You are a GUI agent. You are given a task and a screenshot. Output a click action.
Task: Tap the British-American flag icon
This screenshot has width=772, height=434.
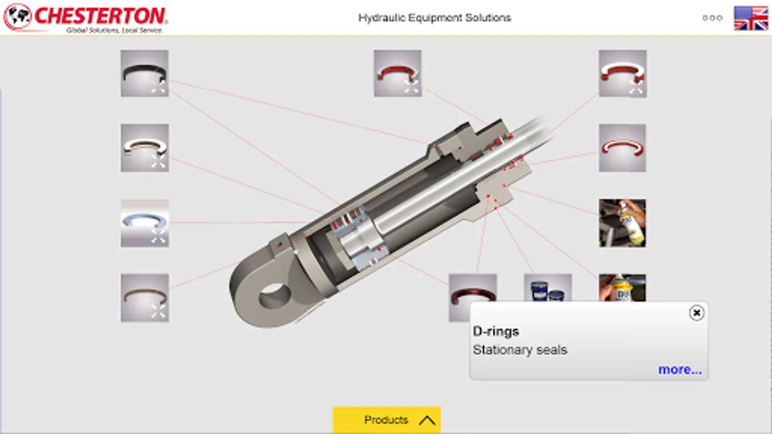751,18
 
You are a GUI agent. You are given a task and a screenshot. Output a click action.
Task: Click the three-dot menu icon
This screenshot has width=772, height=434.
712,18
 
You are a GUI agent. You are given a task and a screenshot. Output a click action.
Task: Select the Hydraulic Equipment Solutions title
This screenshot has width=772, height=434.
435,17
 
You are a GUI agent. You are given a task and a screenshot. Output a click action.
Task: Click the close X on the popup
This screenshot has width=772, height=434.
697,313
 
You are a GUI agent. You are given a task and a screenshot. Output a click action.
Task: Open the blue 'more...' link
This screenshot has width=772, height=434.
680,369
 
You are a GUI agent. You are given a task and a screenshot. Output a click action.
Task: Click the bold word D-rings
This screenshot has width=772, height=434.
496,331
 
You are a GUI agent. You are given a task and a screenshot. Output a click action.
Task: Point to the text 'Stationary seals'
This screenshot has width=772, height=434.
520,350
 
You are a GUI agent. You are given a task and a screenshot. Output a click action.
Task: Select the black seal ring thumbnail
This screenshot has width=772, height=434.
145,73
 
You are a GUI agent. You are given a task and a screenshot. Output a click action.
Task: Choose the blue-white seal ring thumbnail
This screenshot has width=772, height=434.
145,223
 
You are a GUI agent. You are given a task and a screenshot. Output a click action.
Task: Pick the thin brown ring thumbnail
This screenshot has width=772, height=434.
145,298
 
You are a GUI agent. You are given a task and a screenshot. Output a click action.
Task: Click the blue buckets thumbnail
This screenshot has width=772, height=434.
548,288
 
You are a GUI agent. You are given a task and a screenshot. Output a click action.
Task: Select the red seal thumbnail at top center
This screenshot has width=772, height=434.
398,73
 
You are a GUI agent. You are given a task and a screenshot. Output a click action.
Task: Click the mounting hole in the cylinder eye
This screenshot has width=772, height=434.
275,296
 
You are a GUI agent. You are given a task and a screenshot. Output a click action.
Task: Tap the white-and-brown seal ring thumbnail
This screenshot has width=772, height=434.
145,148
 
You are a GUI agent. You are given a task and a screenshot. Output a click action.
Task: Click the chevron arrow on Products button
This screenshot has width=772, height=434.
427,420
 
